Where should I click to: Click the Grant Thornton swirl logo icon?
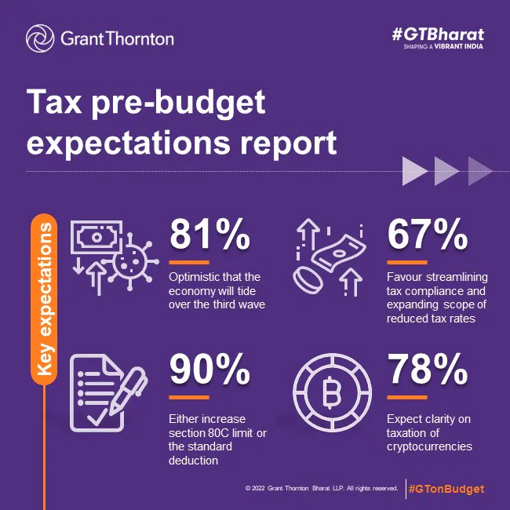click(40, 38)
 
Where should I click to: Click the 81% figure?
click(210, 235)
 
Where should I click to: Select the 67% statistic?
click(428, 235)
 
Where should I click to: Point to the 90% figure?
click(211, 373)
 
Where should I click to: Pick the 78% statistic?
click(428, 373)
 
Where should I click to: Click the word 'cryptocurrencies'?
click(429, 446)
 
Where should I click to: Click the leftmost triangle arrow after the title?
click(414, 170)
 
